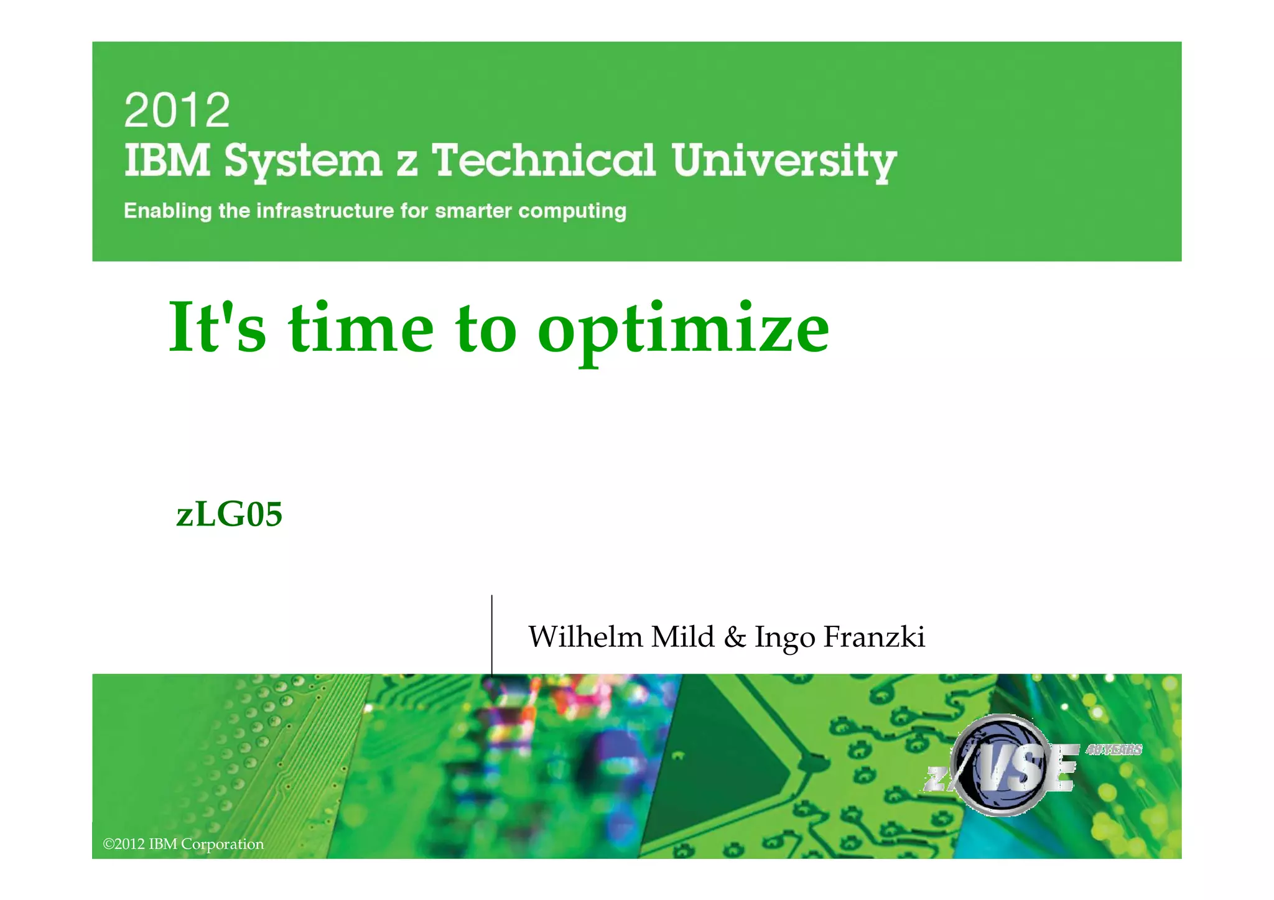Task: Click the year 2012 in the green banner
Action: point(177,110)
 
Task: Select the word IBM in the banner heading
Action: point(167,160)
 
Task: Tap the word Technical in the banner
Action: point(543,160)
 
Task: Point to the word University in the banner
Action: point(784,162)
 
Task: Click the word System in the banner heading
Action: point(303,162)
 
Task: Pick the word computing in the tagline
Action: point(572,211)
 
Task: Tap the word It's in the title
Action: point(217,328)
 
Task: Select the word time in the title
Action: point(361,328)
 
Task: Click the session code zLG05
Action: point(230,514)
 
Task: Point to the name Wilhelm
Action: point(585,636)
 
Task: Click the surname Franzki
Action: point(874,636)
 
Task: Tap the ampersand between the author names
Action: point(735,637)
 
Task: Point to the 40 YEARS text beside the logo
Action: point(1114,749)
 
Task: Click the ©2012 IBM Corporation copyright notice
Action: point(184,844)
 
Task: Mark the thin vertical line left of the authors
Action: point(492,634)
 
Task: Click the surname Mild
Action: point(682,636)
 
